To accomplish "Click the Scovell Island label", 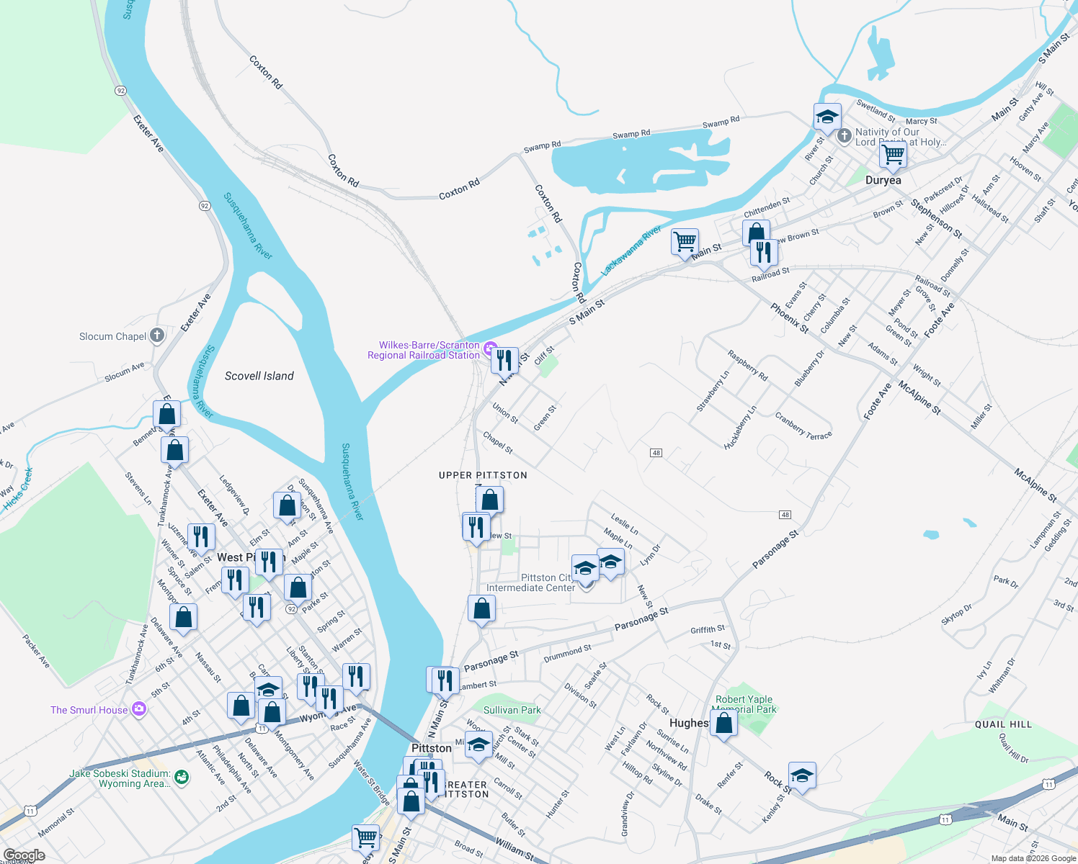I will coord(259,376).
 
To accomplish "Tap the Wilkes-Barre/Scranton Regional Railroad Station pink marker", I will coord(491,349).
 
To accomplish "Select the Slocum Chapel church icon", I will coord(157,336).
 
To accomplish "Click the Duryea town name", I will coord(883,180).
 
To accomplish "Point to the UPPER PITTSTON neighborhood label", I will coord(483,475).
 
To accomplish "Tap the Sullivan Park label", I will coord(512,710).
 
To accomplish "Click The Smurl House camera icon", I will coord(139,709).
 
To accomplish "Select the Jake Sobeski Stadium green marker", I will coord(182,778).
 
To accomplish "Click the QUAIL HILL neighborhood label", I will coord(1003,724).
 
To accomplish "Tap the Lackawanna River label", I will coord(631,251).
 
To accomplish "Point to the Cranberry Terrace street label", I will coord(803,426).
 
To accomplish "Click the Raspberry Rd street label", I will coord(748,365).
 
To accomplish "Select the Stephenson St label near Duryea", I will coord(936,218).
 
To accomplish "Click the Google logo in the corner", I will coord(24,855).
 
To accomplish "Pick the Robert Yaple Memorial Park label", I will coord(744,704).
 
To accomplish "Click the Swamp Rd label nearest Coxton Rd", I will coord(542,146).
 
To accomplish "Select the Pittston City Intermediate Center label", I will coord(530,582).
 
